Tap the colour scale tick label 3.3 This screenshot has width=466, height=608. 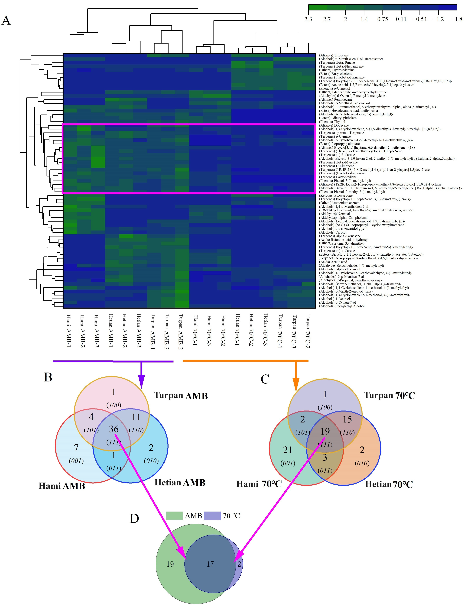click(x=308, y=19)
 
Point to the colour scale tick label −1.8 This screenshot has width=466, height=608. click(x=456, y=19)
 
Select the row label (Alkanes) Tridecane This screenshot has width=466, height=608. click(x=334, y=55)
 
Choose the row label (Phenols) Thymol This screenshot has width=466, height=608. click(x=332, y=122)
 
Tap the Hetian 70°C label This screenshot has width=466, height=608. click(x=389, y=485)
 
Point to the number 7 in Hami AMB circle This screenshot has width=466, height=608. click(x=76, y=448)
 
